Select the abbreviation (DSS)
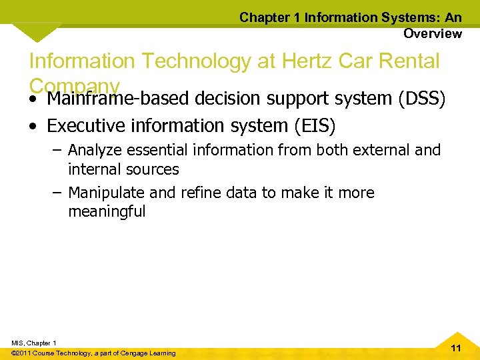(421, 99)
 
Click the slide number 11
(456, 348)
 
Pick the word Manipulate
(105, 193)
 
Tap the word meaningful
(107, 213)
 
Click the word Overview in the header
(432, 33)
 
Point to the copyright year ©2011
(25, 353)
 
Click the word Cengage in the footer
(139, 353)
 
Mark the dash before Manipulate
(56, 193)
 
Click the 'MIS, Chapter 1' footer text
(34, 343)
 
